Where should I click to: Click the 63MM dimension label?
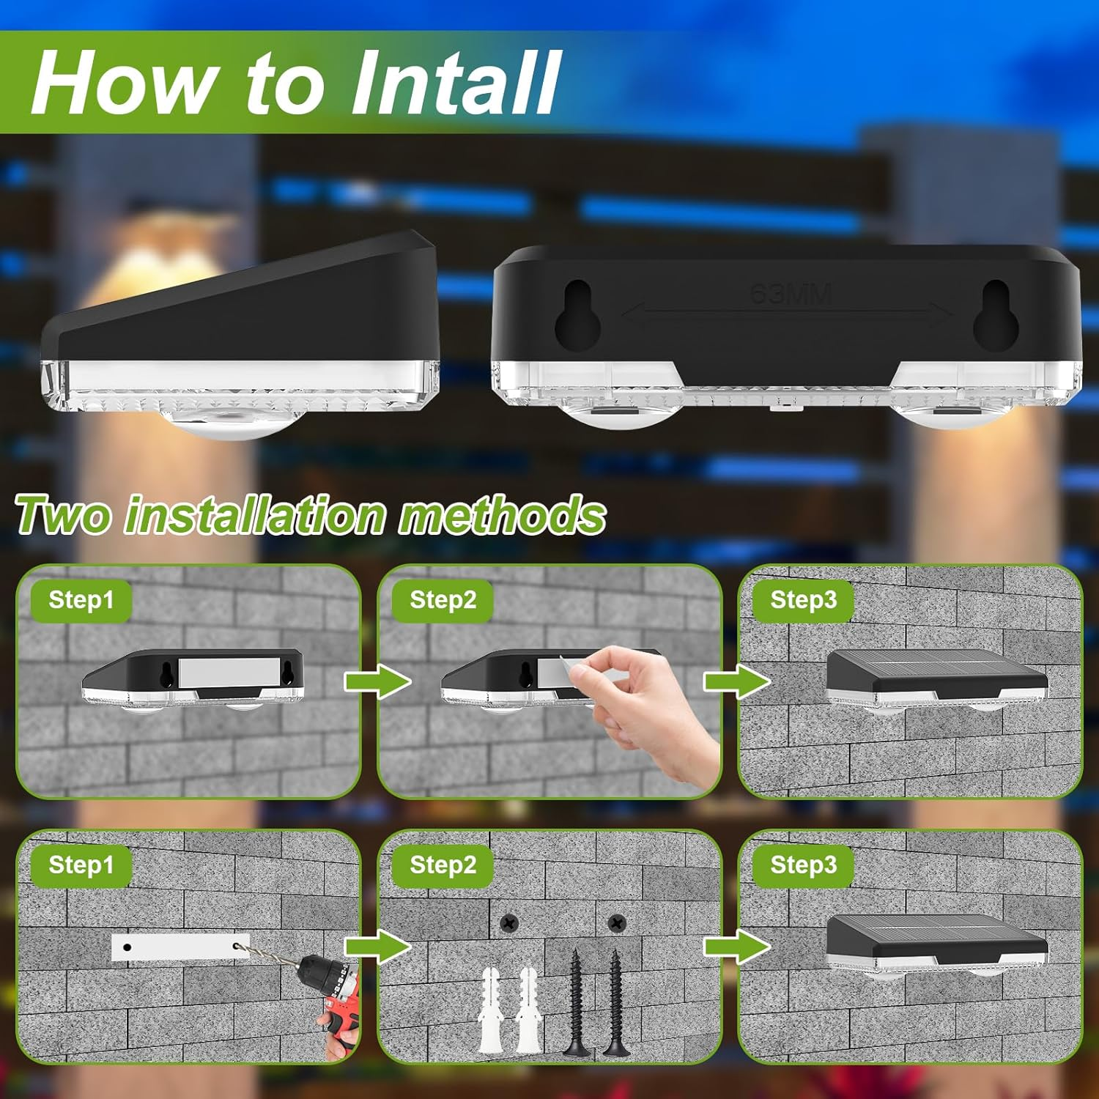point(791,295)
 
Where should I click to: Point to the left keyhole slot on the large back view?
point(578,315)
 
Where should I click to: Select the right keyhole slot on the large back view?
point(996,315)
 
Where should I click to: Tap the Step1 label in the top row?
point(81,600)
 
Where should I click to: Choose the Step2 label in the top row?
point(443,600)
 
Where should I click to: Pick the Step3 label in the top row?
point(803,600)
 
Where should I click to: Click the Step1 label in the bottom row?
point(81,865)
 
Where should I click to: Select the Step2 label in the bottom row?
point(443,865)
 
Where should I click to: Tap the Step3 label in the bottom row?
point(803,865)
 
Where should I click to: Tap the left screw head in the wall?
point(508,923)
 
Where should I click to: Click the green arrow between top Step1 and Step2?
point(377,682)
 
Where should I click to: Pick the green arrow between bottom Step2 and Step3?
point(736,947)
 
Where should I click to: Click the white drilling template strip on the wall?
point(180,947)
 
